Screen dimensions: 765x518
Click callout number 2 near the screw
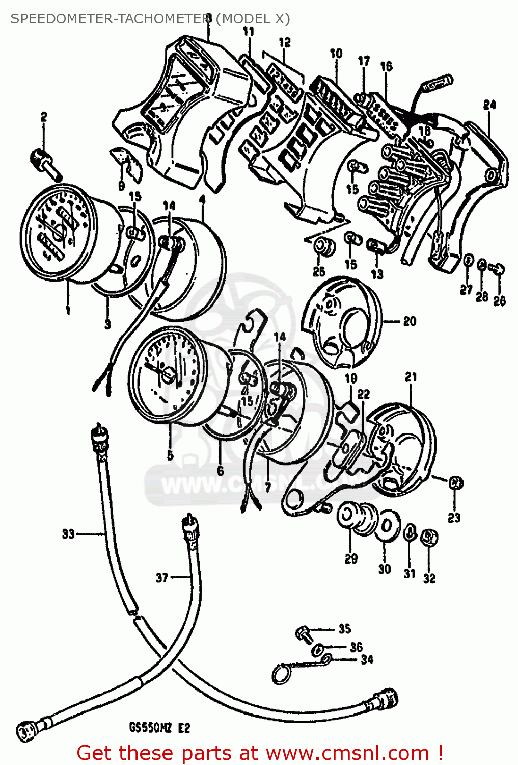(44, 117)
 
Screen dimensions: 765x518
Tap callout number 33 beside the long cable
(68, 534)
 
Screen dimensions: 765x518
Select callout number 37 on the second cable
(162, 578)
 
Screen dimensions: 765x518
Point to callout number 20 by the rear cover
(410, 321)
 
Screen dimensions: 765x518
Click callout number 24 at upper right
(489, 105)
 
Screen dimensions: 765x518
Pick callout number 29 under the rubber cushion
(351, 558)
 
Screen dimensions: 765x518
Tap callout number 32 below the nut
(429, 578)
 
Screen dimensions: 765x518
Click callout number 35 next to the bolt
(345, 628)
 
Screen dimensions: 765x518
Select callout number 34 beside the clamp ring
(367, 659)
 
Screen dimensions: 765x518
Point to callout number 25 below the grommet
(319, 271)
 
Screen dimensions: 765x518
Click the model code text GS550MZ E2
(159, 728)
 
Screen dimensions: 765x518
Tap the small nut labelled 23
(455, 482)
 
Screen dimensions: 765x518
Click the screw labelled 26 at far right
(498, 268)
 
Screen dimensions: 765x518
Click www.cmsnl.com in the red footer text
(347, 753)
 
